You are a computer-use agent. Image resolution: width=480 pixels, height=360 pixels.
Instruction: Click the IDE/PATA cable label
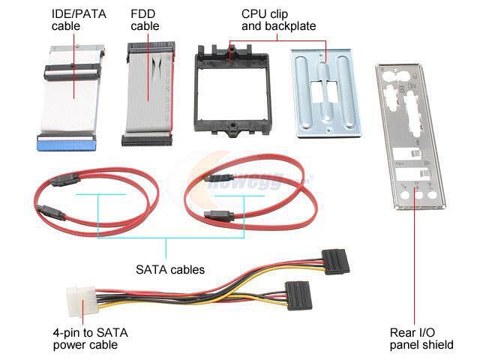pos(78,20)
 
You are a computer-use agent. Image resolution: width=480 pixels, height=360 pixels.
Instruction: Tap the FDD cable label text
pos(145,20)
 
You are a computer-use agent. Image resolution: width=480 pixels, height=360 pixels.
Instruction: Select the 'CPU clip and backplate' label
pos(278,20)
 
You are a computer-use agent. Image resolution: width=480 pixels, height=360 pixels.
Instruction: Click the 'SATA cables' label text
pos(170,268)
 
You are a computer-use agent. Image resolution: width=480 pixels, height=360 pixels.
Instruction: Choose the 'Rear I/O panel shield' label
pos(421,339)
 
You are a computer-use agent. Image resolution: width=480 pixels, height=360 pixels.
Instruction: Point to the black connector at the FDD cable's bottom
pos(147,139)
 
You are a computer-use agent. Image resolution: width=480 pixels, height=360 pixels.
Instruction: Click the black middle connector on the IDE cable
pos(73,72)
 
